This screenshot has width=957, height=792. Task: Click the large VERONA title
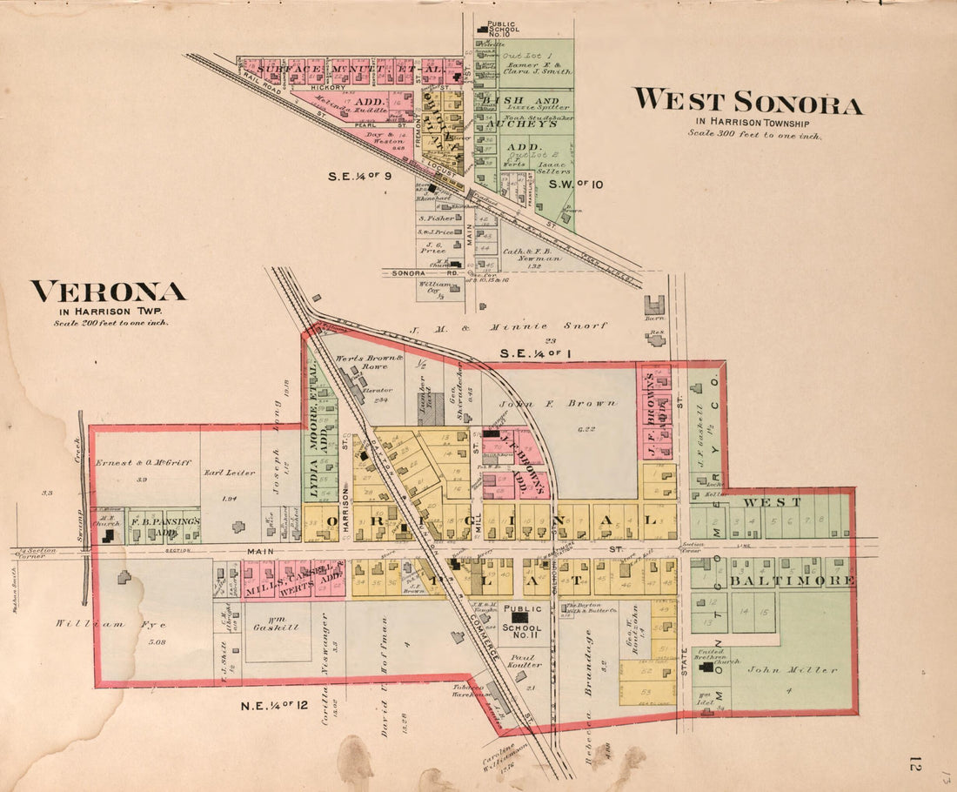[108, 292]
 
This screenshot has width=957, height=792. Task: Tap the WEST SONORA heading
[747, 102]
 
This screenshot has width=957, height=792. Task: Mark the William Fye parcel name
[88, 623]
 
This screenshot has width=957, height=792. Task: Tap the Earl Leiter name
[230, 473]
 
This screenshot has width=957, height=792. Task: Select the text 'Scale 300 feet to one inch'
[754, 134]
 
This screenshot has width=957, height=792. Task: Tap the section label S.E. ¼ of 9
[361, 176]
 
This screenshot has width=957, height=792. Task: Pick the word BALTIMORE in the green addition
[791, 581]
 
